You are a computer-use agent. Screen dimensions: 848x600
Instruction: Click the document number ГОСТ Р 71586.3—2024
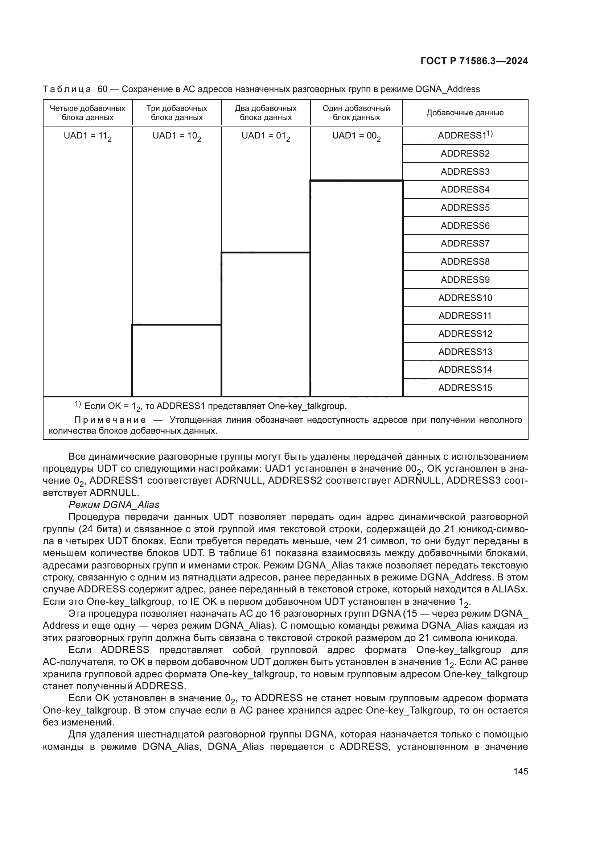coord(474,61)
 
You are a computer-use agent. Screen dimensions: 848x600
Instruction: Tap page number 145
coord(521,771)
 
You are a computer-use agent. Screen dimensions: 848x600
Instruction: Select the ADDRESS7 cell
coord(465,244)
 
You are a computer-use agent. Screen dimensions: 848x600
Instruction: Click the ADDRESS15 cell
coord(465,388)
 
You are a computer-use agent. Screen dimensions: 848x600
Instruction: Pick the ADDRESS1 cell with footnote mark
coord(465,136)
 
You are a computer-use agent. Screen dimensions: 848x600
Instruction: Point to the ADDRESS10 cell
coord(465,298)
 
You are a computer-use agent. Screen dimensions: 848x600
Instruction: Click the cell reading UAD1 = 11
coord(87,136)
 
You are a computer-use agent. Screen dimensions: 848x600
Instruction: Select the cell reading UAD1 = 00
coord(356,136)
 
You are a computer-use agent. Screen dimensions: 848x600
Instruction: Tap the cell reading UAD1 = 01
coord(266,136)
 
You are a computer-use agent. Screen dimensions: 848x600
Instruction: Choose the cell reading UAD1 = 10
coord(177,136)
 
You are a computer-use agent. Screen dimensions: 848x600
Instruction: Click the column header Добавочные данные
coord(465,113)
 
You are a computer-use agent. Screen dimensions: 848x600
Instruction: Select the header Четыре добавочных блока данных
coord(87,113)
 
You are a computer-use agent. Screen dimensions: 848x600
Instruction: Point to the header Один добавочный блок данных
coord(356,113)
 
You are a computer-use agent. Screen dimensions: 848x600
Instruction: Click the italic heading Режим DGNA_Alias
coord(114,505)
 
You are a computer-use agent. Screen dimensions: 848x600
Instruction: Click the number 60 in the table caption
coord(102,90)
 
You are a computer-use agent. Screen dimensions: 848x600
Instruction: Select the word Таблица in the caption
coord(67,90)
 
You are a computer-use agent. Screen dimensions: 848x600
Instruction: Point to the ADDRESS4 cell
coord(465,190)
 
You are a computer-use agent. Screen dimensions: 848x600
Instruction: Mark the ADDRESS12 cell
coord(465,334)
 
